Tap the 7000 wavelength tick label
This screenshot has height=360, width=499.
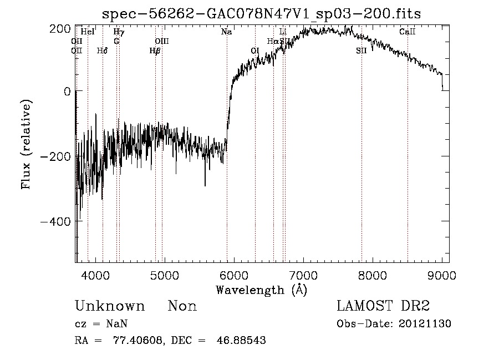(x=303, y=275)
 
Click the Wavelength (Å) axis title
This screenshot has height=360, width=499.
(x=262, y=290)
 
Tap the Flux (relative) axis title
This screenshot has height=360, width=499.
(x=26, y=144)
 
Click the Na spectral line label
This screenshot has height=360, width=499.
(x=226, y=32)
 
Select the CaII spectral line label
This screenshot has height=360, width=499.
(x=408, y=32)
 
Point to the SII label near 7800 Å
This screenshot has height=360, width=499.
(x=361, y=50)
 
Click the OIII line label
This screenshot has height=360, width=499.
(x=162, y=42)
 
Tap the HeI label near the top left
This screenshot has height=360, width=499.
(x=88, y=32)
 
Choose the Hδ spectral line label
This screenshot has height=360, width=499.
(x=102, y=50)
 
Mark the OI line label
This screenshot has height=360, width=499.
(x=255, y=50)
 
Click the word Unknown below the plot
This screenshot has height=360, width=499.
(x=110, y=306)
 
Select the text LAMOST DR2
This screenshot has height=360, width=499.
(x=383, y=306)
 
